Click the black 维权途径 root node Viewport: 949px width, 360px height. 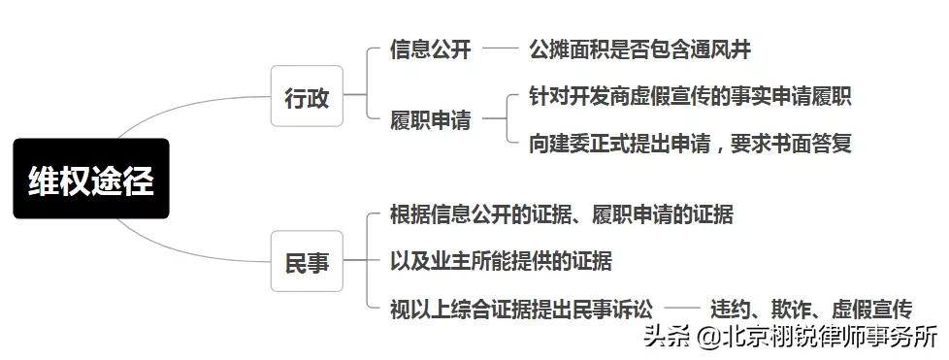coord(91,179)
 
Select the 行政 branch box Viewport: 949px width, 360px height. coord(307,96)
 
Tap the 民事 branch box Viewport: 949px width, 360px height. coord(307,262)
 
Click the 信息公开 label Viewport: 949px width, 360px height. coord(430,49)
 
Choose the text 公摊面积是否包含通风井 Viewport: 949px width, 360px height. coord(639,49)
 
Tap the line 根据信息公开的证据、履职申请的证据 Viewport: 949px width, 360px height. coord(561,214)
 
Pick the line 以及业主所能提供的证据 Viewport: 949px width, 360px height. coord(501,261)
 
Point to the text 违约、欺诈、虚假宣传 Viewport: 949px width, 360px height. coord(811,310)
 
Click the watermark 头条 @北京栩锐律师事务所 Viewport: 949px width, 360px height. coord(791,338)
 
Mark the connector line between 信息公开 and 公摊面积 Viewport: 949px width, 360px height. coord(501,48)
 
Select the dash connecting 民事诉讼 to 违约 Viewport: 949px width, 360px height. coord(682,309)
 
